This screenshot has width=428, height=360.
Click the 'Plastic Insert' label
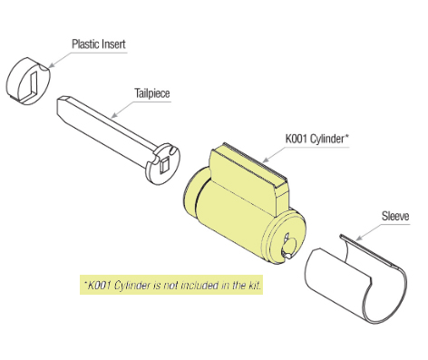[x=99, y=43]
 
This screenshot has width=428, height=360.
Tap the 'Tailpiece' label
[x=152, y=92]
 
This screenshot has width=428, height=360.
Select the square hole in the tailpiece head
[x=163, y=164]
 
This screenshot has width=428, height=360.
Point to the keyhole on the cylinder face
[x=289, y=242]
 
